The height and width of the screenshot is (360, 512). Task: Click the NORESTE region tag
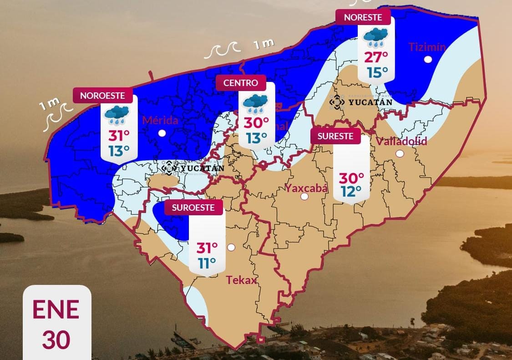tap(363, 17)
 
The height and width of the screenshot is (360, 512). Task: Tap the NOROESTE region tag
tap(102, 96)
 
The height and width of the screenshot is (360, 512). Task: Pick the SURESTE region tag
tap(335, 136)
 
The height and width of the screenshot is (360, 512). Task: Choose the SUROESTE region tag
tap(193, 208)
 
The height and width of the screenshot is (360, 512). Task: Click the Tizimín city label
tap(427, 47)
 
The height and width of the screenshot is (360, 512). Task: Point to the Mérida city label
tap(160, 121)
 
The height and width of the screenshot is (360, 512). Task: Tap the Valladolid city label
tap(401, 142)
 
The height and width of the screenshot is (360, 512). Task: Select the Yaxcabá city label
tap(306, 188)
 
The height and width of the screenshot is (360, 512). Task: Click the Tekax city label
tap(242, 280)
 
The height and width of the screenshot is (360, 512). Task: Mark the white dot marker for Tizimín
tap(428, 59)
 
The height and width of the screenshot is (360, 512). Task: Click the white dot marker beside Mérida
tap(162, 133)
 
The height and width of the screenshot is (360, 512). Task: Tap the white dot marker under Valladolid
tap(400, 153)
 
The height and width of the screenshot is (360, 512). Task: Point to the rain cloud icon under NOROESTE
tap(117, 115)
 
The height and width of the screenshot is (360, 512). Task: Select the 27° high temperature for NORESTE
tap(376, 57)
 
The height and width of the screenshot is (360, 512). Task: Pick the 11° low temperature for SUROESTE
tap(207, 263)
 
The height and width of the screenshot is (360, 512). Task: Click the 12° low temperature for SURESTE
tap(351, 192)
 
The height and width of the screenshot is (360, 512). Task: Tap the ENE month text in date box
tap(56, 309)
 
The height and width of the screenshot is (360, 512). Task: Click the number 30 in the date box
tap(56, 340)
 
